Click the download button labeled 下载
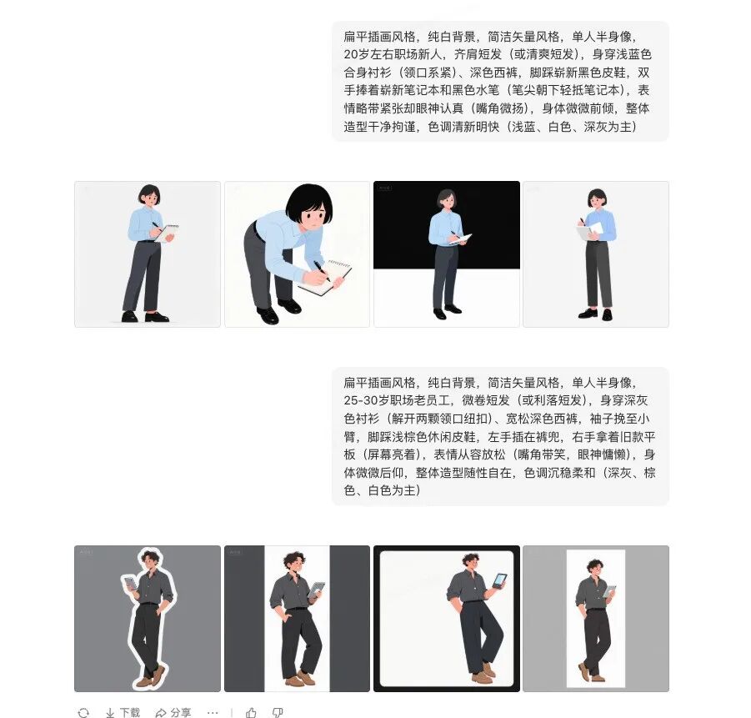[123, 712]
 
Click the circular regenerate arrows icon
[83, 712]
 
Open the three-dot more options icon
[213, 712]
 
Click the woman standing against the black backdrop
[446, 250]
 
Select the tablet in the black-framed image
[498, 580]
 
